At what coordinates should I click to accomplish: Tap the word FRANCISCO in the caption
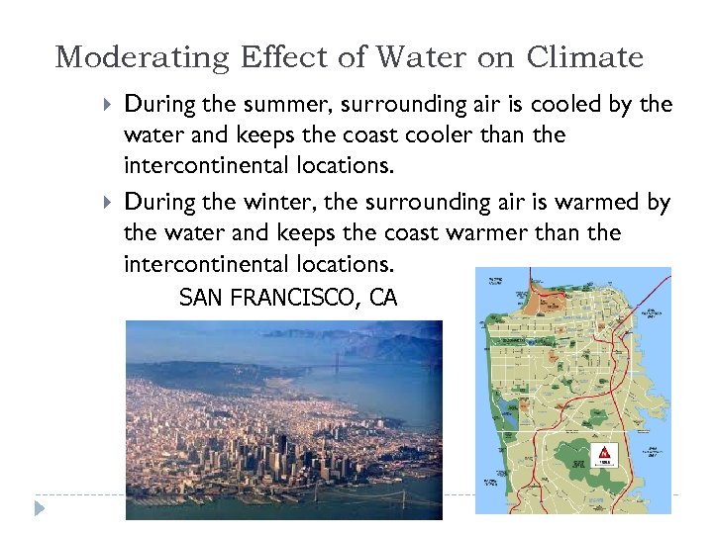(x=292, y=297)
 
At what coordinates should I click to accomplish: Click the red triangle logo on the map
(x=603, y=454)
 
